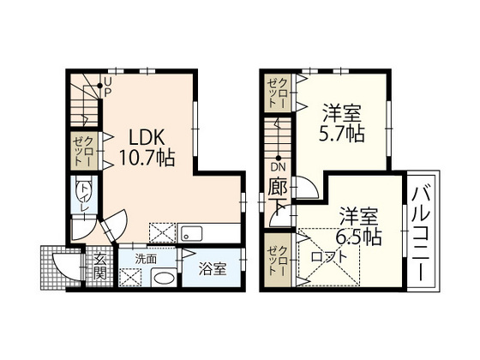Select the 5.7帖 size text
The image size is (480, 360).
[342, 133]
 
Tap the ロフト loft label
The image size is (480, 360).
[329, 255]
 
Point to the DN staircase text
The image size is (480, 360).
[279, 167]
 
